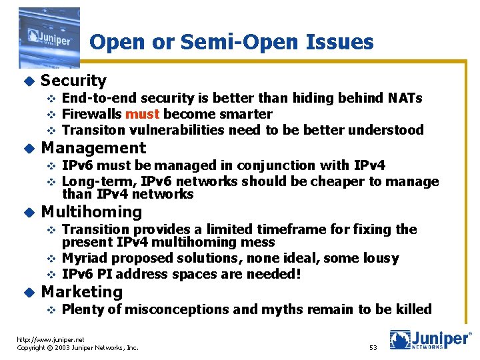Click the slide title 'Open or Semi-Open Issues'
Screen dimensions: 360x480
point(231,43)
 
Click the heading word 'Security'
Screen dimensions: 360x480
point(73,81)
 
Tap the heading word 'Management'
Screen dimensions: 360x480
point(93,148)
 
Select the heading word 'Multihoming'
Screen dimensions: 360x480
point(91,213)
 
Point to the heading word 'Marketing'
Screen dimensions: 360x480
point(82,292)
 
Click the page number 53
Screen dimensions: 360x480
point(373,347)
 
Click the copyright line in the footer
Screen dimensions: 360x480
point(77,347)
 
